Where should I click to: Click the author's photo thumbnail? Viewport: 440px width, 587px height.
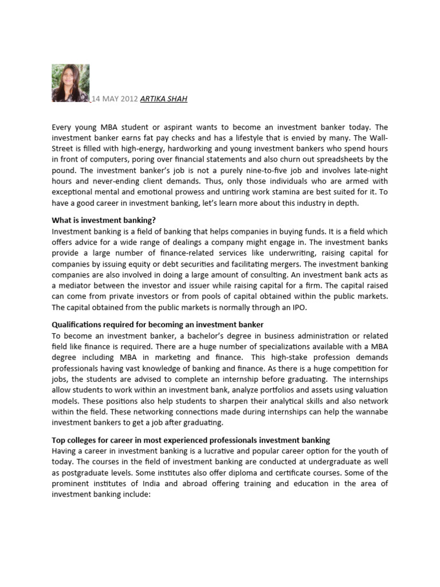pos(70,83)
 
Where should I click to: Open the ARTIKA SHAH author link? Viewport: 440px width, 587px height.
pos(164,99)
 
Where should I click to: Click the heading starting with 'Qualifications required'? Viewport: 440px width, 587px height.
pos(158,325)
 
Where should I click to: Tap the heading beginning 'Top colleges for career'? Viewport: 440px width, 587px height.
pos(191,440)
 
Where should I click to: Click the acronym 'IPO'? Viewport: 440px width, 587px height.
pos(300,307)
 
